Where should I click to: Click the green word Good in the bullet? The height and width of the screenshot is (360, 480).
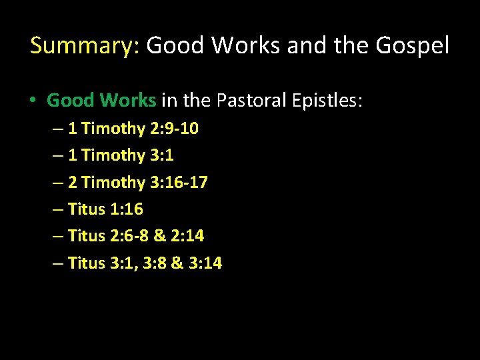coord(71,101)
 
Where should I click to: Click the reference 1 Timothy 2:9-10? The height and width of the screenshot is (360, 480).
coord(133,129)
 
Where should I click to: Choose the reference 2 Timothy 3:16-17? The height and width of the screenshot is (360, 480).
coord(137,182)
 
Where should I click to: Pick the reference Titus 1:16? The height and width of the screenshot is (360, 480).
coord(105,209)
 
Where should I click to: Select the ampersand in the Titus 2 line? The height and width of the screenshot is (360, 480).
coord(159,236)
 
